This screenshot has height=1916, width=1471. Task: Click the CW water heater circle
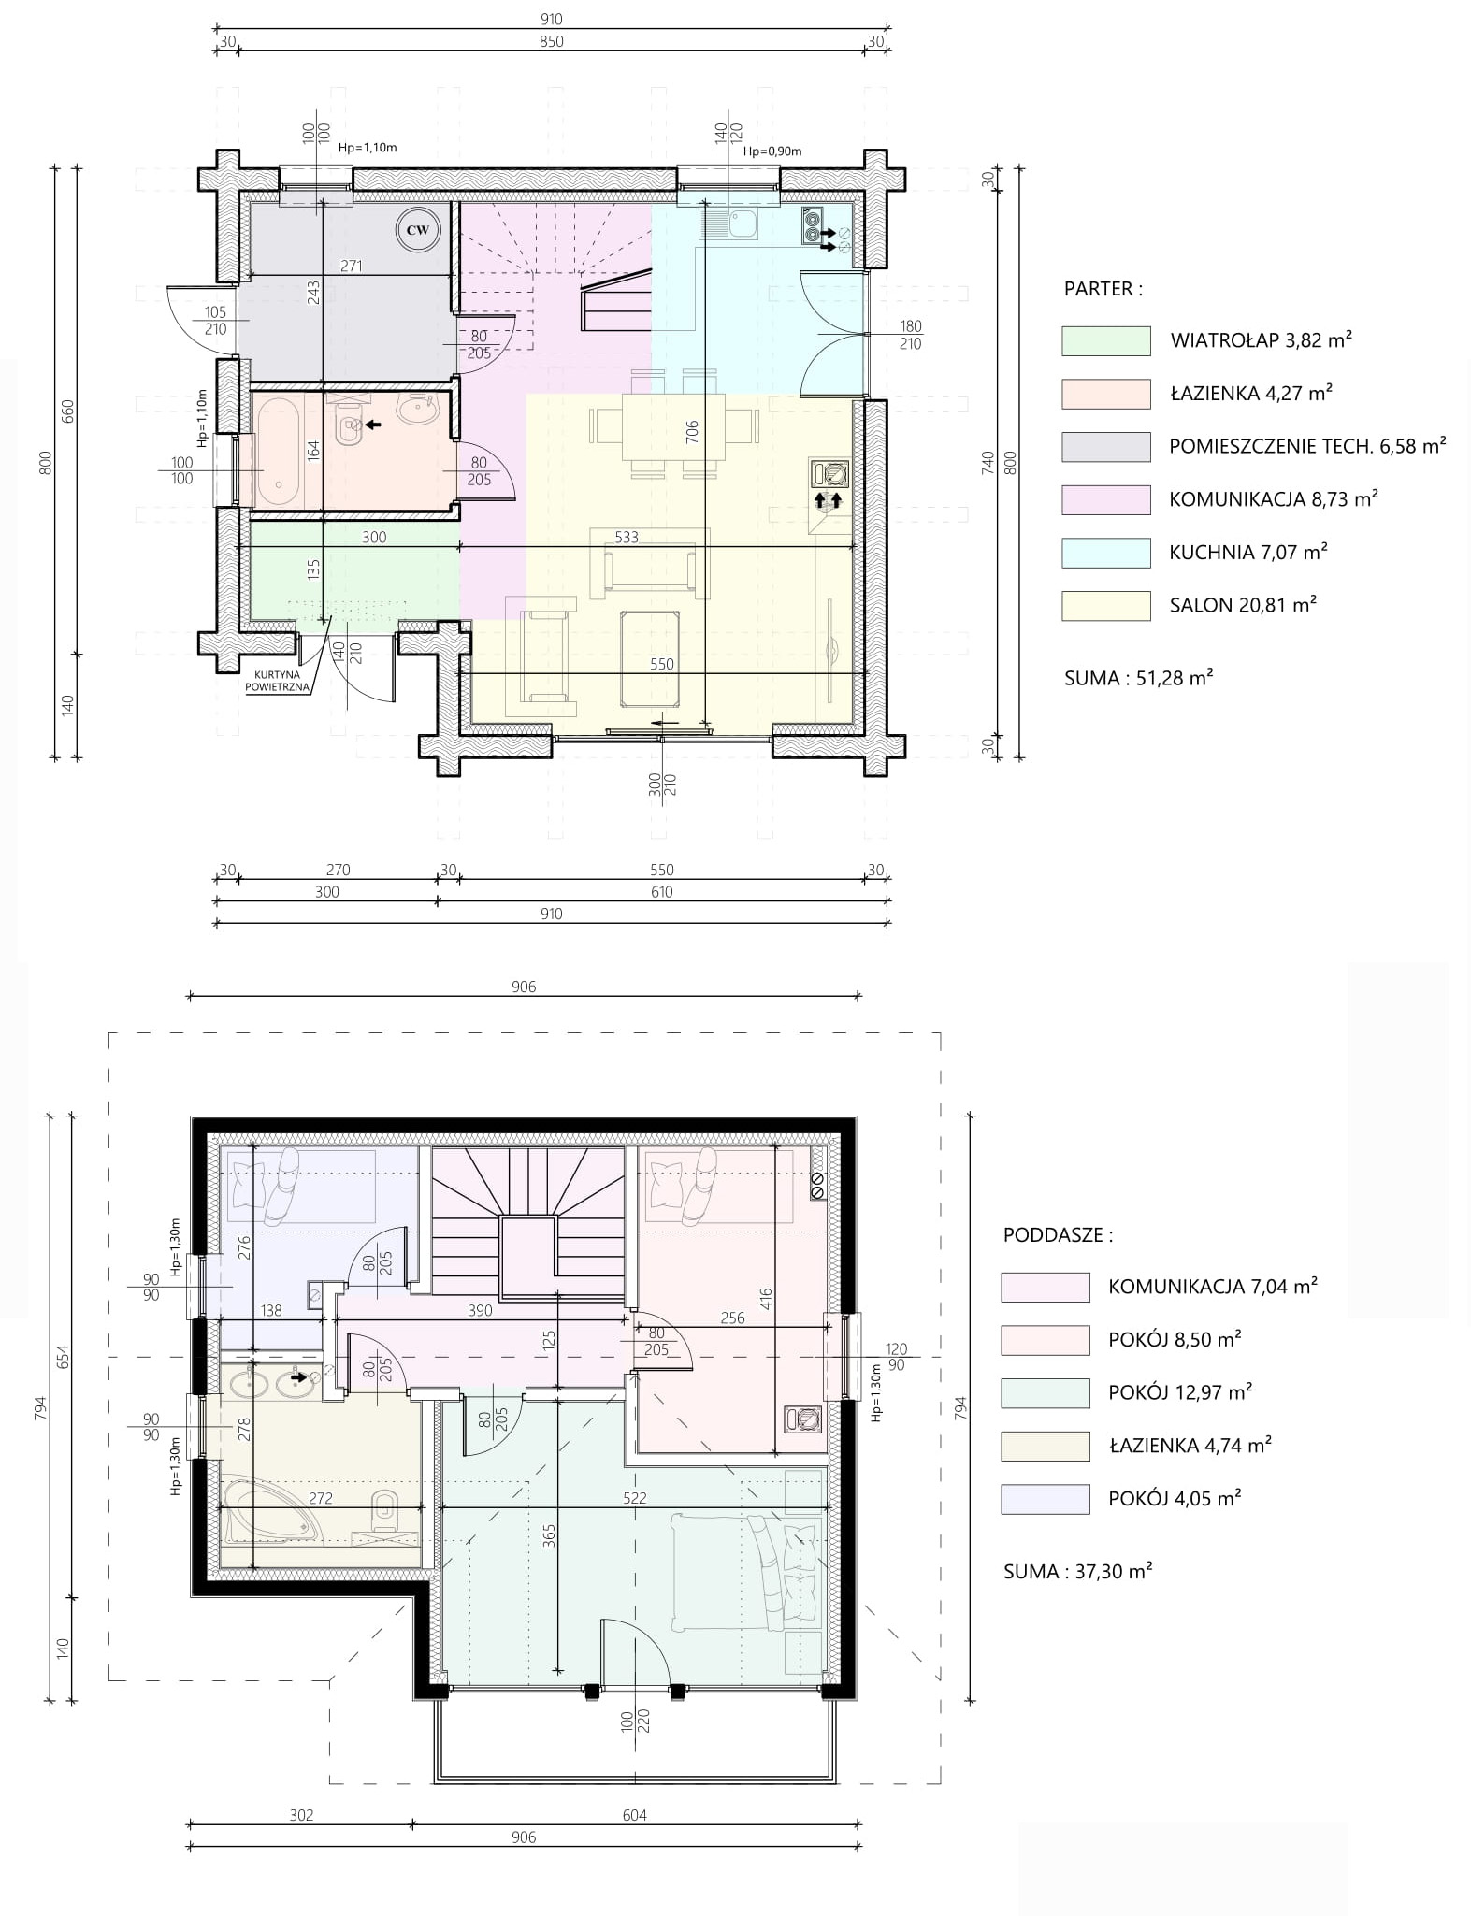pos(418,230)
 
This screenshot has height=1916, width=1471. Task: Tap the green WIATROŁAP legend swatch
pos(1105,340)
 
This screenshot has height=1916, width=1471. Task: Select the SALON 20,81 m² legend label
pos(1243,605)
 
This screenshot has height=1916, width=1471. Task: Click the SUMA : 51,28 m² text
pos(1138,678)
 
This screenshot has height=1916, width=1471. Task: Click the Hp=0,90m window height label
pos(772,151)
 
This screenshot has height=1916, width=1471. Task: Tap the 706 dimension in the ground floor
pos(692,431)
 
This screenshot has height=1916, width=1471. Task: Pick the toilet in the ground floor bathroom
pos(349,424)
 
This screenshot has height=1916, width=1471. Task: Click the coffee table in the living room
pos(650,659)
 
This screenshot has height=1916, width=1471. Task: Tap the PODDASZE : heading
pos(1058,1234)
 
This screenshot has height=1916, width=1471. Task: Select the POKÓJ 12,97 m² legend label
pos(1180,1392)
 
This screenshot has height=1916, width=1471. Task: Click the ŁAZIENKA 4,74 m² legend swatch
pos(1045,1446)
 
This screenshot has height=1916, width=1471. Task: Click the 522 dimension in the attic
pos(635,1497)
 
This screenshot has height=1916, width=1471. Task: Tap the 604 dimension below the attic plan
pos(635,1815)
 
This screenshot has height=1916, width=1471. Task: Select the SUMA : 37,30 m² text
pos(1077,1571)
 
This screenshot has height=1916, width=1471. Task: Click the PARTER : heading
pos(1103,289)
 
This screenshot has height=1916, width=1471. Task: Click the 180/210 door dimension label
pos(910,335)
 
